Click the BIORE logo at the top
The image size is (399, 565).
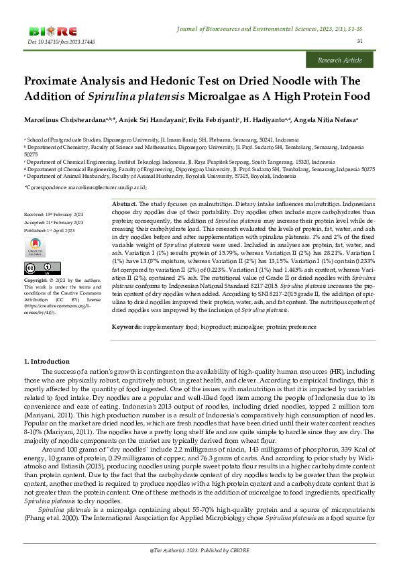53,31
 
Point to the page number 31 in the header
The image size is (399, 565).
360,42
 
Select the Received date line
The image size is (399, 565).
53,215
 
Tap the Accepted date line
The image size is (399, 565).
53,222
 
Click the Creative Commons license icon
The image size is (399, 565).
34,268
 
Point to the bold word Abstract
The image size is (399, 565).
123,203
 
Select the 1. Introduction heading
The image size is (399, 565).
46,362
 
